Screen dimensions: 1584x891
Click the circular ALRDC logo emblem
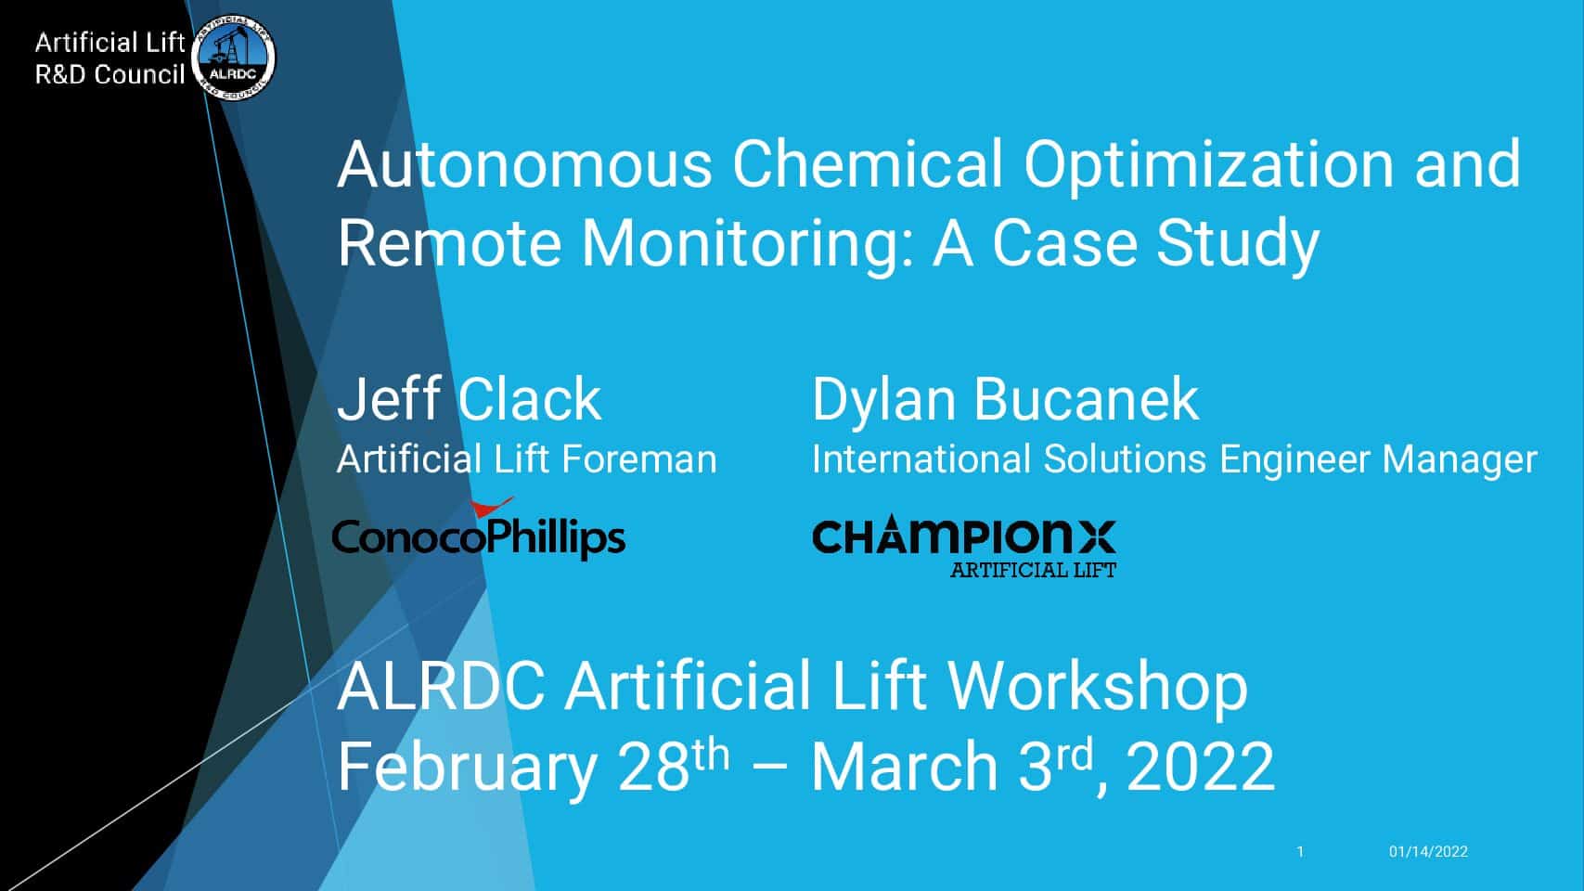[233, 58]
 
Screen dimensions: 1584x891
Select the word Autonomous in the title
[524, 165]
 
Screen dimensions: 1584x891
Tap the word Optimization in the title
[1208, 166]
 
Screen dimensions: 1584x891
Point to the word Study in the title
[1238, 244]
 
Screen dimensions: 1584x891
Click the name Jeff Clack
[469, 399]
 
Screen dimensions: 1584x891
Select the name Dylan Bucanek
[1005, 400]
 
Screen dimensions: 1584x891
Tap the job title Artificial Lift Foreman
[527, 458]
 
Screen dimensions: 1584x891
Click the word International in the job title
[921, 458]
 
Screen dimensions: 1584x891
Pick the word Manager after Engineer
[1460, 460]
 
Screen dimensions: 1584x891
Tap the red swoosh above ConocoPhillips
[492, 507]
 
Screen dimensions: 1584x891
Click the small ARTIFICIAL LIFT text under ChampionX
[1033, 570]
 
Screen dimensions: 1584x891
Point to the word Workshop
[1098, 688]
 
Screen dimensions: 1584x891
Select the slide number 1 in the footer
[1300, 852]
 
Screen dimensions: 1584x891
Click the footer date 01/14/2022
[1428, 852]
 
